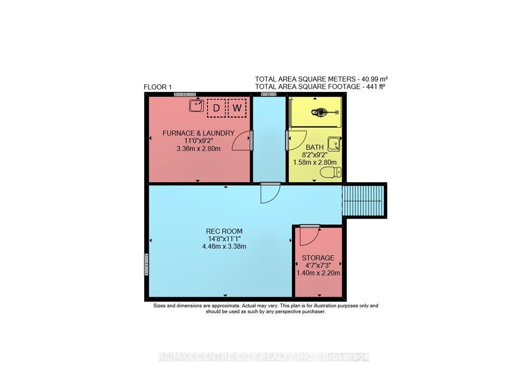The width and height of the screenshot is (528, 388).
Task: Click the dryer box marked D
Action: tap(215, 108)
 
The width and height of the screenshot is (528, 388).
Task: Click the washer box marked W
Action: tap(238, 108)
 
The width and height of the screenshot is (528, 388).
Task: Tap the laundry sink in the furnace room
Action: tap(197, 106)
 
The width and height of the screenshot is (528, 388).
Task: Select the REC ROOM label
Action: tap(221, 231)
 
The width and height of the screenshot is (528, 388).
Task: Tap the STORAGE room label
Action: tap(318, 258)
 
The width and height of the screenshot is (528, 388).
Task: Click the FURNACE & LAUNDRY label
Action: tap(198, 133)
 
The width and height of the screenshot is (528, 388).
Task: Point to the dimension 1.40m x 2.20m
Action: tap(318, 273)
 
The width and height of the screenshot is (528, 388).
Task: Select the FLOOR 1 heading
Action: tap(158, 87)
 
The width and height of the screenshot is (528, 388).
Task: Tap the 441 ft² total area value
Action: tap(374, 87)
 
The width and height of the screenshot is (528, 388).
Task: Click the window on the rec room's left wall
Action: tap(146, 264)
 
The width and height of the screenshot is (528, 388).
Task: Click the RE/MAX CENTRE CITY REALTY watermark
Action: tap(264, 357)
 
